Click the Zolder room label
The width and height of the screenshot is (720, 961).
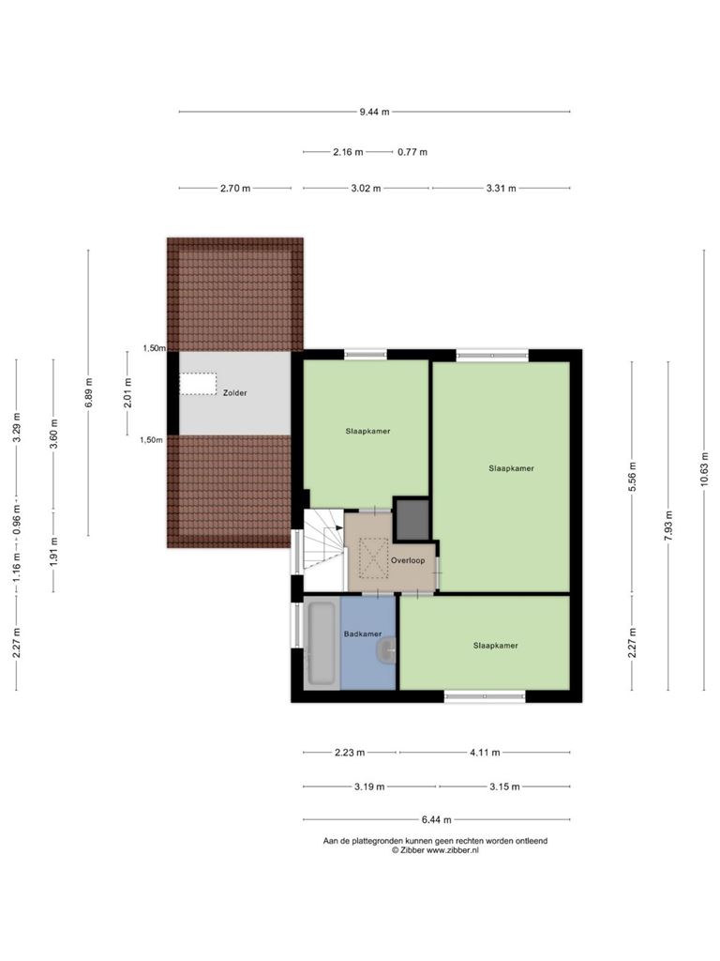coord(234,393)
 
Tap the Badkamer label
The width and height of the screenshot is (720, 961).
coord(363,633)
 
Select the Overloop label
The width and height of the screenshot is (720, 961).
coord(408,560)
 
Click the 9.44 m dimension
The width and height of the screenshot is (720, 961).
coord(374,112)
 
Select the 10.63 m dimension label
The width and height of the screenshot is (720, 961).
coord(705,469)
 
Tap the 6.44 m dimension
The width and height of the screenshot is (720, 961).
coord(437,819)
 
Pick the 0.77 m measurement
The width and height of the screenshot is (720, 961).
coord(412,152)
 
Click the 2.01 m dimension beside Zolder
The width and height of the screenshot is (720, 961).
coord(127,392)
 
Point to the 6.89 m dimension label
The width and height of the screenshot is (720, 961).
coord(89,392)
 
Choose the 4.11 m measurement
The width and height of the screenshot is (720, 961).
coord(485,753)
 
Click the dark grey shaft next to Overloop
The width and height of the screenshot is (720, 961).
coord(412,520)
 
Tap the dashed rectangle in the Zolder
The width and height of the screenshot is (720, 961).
coord(198,384)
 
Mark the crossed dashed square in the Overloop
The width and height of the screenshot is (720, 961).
coord(373,557)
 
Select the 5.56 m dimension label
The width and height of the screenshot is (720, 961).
coord(633,477)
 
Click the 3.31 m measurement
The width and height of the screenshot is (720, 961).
coord(502,188)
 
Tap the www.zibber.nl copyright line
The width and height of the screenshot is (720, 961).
coord(435,850)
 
